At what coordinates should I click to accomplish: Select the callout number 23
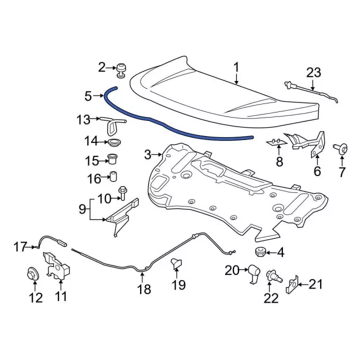[x=313, y=72]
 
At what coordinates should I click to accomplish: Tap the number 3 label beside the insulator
[x=148, y=154]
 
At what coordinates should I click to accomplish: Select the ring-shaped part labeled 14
[x=114, y=142]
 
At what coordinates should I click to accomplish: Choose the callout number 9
[x=82, y=210]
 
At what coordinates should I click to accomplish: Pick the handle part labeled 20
[x=253, y=273]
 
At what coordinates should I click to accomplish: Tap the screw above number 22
[x=272, y=276]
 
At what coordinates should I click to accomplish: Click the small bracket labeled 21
[x=292, y=286]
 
